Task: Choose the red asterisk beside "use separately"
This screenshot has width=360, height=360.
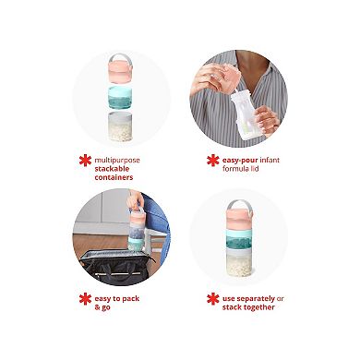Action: [212, 299]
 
